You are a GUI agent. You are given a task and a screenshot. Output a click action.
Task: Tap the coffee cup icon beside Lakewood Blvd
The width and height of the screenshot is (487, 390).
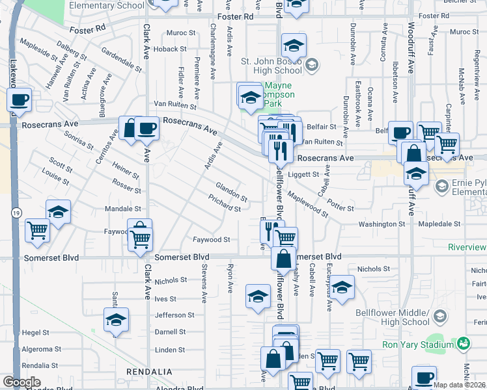click(x=20, y=100)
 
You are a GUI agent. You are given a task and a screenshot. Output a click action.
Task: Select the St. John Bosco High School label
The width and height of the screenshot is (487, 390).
click(x=272, y=66)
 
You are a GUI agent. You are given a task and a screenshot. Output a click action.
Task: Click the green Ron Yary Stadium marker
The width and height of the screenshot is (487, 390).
click(x=464, y=343)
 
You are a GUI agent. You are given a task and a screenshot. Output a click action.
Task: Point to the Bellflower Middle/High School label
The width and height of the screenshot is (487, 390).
click(x=393, y=317)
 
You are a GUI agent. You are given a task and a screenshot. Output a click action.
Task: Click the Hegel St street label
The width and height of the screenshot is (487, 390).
click(x=36, y=332)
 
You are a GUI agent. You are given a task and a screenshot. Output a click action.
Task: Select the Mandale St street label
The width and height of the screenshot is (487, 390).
click(x=123, y=209)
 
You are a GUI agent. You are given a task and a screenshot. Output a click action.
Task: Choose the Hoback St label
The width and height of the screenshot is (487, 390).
click(x=170, y=49)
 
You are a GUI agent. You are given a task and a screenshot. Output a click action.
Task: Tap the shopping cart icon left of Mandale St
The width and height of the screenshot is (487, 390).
click(x=38, y=230)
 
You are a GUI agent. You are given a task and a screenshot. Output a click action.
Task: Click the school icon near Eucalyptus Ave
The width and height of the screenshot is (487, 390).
click(x=342, y=288)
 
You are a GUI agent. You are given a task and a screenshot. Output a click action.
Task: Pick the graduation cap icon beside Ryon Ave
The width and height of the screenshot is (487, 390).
click(x=258, y=296)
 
